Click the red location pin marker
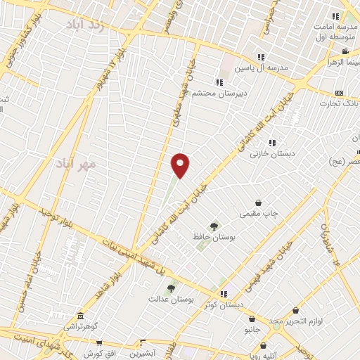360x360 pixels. pos(181,165)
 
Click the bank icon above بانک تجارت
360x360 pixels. pos(340,93)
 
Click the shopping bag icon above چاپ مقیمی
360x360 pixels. pos(259,202)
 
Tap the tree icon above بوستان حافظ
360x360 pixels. pos(214,226)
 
